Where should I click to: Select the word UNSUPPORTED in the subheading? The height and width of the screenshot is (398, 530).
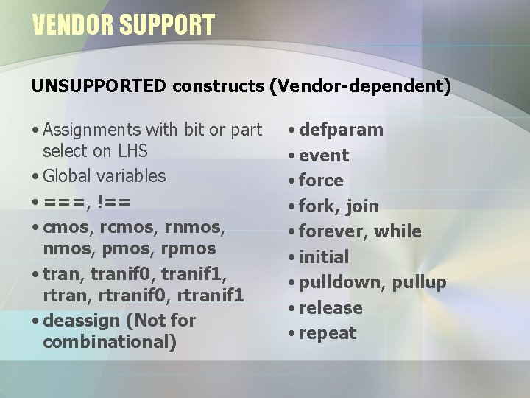pos(99,87)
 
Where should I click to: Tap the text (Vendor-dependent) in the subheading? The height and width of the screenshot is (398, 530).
pos(360,87)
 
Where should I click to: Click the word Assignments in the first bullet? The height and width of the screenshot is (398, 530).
pos(92,130)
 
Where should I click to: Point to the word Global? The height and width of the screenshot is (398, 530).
pos(68,176)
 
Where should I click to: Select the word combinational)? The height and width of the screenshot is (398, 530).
pos(110,342)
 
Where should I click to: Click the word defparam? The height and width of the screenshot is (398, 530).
pos(341,130)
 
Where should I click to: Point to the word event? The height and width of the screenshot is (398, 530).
pos(324,156)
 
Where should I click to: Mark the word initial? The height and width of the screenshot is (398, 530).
pos(324,257)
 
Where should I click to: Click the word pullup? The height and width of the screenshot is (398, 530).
pos(419,283)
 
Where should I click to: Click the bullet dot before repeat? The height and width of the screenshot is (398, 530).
pos(292,334)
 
